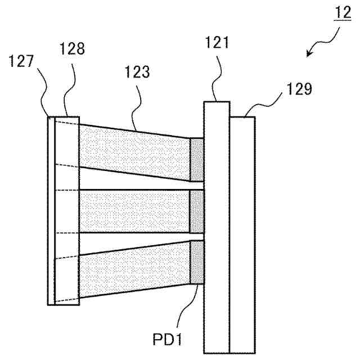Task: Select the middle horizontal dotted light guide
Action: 135,210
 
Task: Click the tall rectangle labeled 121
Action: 217,225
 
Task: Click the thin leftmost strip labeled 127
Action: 52,211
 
